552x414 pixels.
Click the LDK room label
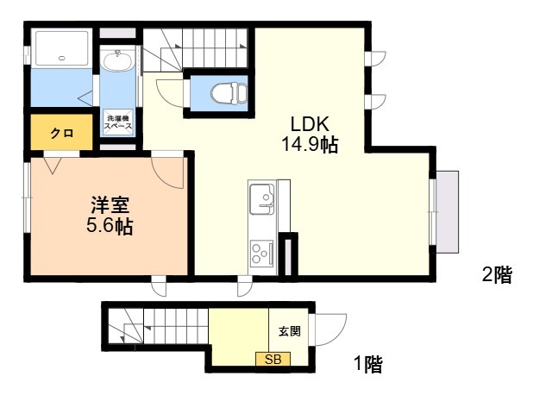pyautogui.click(x=308, y=122)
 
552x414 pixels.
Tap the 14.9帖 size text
pyautogui.click(x=308, y=145)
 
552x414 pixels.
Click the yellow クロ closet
pyautogui.click(x=60, y=133)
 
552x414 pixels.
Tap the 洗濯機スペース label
pyautogui.click(x=118, y=122)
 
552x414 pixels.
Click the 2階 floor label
pyautogui.click(x=497, y=276)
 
